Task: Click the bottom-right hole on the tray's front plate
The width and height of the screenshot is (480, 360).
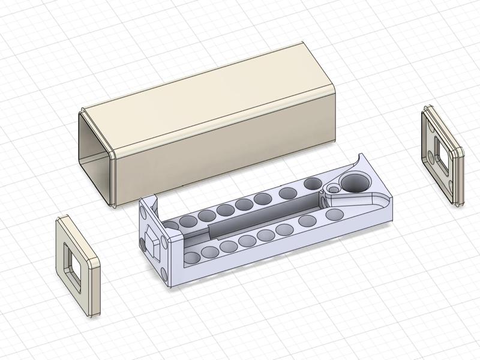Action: (x=166, y=274)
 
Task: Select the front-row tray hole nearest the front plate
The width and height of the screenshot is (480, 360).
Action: (x=193, y=258)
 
